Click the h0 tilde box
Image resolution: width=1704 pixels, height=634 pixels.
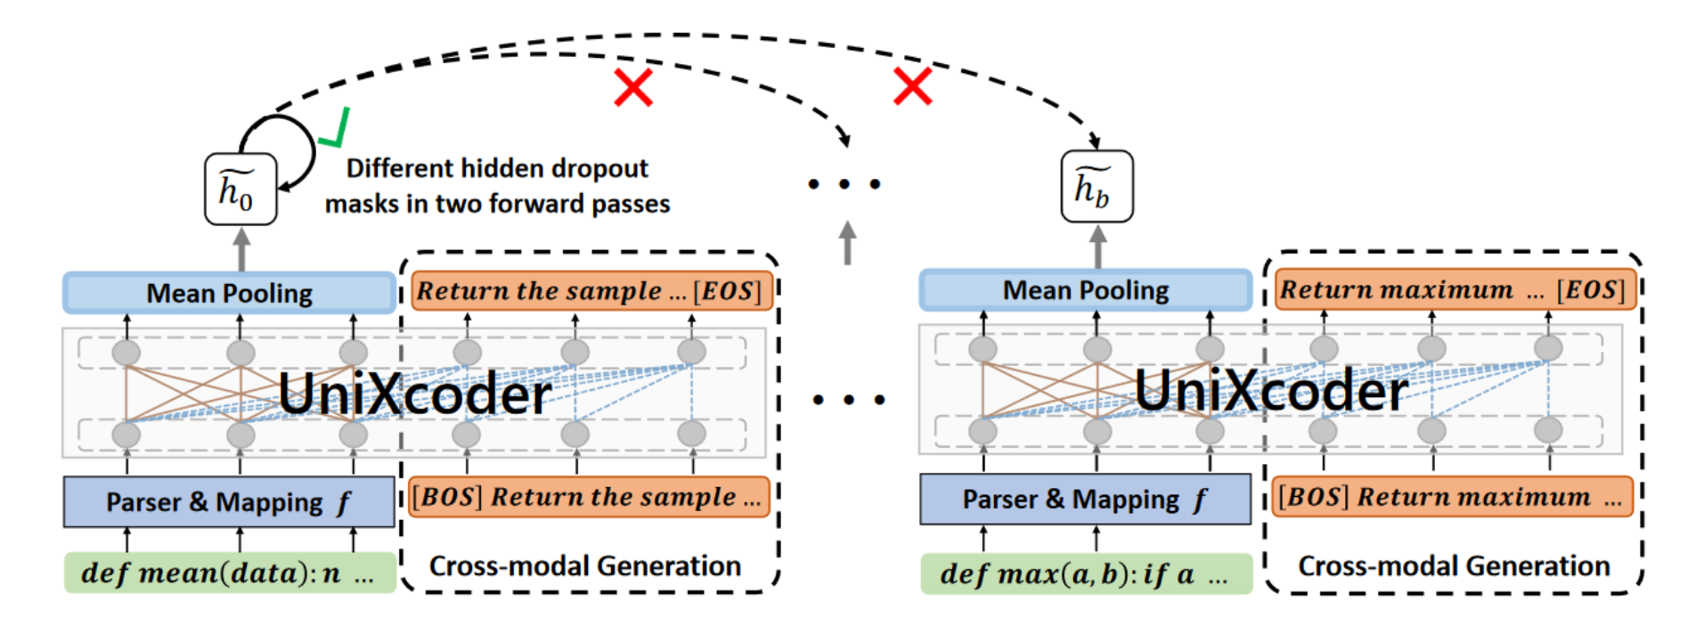[x=240, y=189]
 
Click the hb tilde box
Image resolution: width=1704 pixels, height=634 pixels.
[x=1097, y=186]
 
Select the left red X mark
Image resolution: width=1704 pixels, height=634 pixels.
[x=633, y=87]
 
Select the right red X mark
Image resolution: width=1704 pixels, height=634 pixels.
[x=912, y=86]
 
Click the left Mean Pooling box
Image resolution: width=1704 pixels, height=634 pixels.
[x=229, y=293]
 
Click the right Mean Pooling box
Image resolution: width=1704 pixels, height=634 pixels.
[x=1085, y=290]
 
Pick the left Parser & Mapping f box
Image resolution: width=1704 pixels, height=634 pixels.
[x=229, y=501]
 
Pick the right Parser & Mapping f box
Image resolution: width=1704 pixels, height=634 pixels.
[x=1085, y=499]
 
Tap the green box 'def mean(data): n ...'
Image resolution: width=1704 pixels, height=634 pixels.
[x=229, y=573]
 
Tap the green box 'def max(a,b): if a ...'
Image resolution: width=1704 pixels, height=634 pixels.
[x=1085, y=573]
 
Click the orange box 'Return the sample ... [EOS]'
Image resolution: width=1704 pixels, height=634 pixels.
[x=591, y=291]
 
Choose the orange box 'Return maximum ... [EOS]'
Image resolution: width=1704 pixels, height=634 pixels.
[x=1454, y=289]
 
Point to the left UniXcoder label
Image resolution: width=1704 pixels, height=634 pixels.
[x=414, y=394]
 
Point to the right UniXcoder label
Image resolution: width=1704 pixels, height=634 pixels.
[x=1271, y=390]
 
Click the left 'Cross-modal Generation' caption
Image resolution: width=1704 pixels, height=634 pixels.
[x=585, y=566]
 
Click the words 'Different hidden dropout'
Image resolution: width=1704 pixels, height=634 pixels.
[x=497, y=168]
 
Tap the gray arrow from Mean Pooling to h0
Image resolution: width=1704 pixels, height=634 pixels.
[x=241, y=249]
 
